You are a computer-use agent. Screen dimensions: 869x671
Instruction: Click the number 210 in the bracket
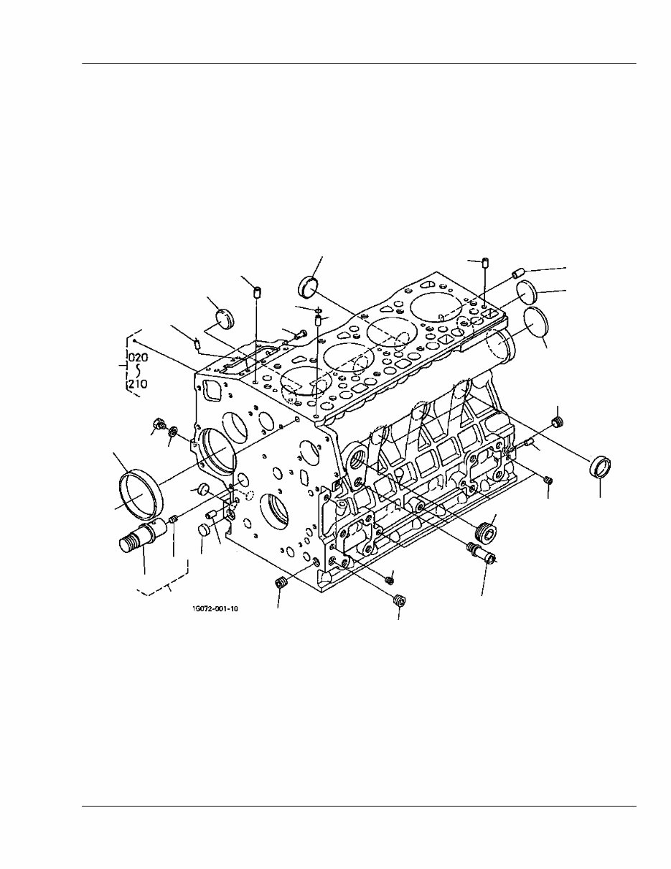click(138, 384)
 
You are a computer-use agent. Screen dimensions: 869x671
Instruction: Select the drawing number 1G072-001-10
click(215, 609)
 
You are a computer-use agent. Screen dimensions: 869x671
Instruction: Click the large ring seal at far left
click(139, 492)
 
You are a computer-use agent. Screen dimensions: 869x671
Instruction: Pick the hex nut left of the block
click(160, 424)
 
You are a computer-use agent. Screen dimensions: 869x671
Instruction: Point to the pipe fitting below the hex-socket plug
click(486, 552)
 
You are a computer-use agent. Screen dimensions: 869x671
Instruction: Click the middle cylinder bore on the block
click(348, 357)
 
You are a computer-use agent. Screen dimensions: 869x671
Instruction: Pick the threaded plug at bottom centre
click(400, 600)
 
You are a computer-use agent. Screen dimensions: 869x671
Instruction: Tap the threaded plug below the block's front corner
click(281, 582)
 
